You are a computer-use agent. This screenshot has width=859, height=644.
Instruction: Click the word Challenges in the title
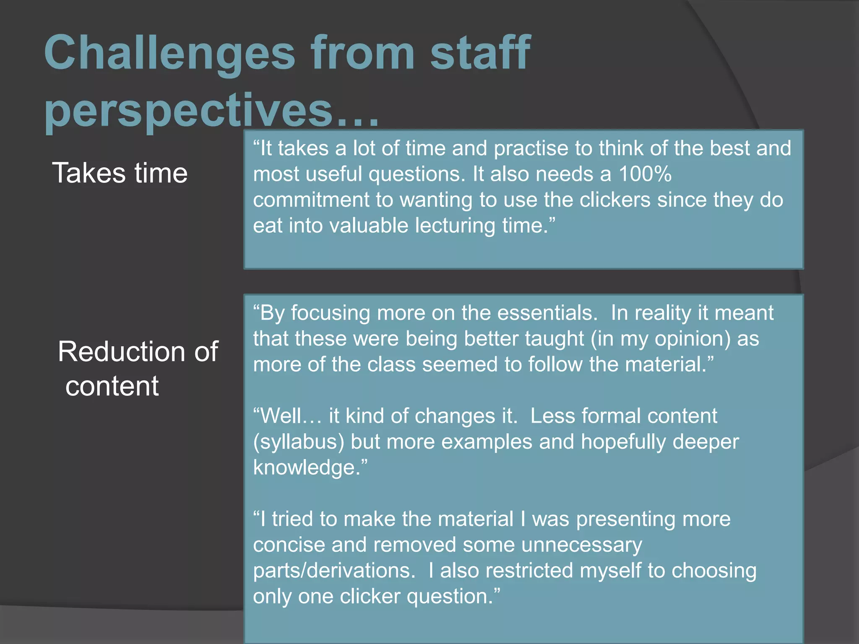(x=170, y=54)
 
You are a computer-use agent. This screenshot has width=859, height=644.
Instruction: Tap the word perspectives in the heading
(x=189, y=111)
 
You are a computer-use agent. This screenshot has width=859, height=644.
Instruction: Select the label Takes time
(x=120, y=173)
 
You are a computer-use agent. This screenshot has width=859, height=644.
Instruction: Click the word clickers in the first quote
(x=615, y=200)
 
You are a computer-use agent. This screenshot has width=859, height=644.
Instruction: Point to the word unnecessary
(x=581, y=545)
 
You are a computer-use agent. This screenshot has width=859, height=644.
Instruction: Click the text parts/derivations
(x=334, y=571)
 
